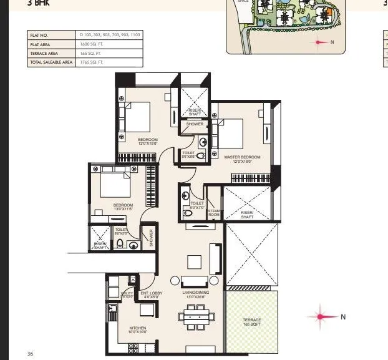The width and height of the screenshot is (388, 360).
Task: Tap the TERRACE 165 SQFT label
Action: pos(252,322)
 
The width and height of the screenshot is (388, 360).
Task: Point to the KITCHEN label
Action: pos(137,329)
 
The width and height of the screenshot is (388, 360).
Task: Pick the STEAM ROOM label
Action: pos(214,213)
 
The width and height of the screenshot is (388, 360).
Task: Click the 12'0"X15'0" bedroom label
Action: pos(147,143)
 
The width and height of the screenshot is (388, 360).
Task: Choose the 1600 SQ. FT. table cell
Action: pos(94,45)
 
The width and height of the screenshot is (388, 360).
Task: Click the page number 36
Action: pos(30,354)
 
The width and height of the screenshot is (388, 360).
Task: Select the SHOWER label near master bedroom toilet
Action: pos(195,124)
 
